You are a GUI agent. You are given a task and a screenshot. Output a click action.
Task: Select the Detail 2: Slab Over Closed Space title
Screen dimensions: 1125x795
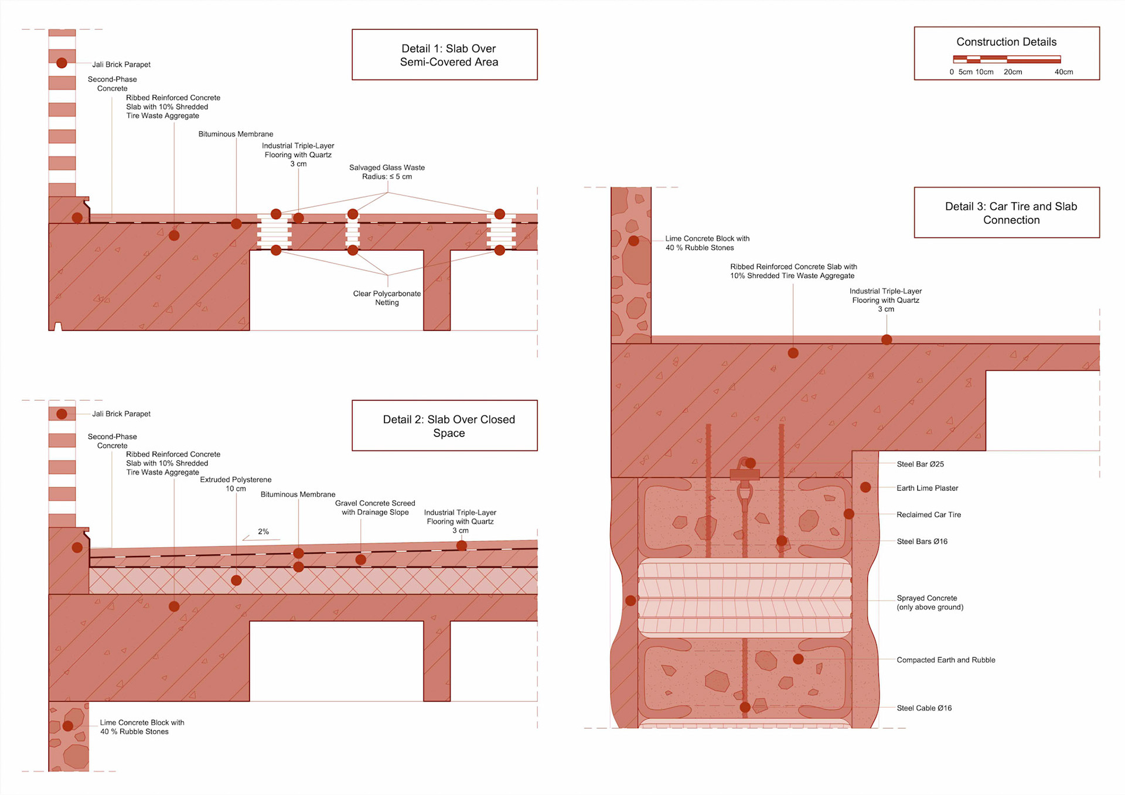click(449, 426)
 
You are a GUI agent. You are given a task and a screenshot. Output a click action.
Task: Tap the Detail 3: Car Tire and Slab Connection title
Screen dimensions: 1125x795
click(1011, 213)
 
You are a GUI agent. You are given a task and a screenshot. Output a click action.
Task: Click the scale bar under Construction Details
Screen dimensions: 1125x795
click(1007, 59)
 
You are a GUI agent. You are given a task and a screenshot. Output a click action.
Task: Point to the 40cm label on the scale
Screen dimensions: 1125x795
click(1063, 72)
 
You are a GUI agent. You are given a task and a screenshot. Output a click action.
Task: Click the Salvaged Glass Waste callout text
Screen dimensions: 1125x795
click(387, 172)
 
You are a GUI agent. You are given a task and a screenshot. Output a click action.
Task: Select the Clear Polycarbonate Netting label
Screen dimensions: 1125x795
click(387, 298)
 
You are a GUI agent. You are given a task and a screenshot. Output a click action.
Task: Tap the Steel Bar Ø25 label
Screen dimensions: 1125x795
click(920, 464)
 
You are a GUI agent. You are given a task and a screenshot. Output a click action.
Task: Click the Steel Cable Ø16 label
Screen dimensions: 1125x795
click(924, 708)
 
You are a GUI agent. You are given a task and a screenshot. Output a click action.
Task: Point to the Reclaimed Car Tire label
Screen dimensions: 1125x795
click(929, 514)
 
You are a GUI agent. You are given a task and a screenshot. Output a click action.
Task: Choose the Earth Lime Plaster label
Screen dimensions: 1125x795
click(927, 488)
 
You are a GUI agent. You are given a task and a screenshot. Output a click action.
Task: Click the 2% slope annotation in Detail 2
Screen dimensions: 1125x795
click(263, 531)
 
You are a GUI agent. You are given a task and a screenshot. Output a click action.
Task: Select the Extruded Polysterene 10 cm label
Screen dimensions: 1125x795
click(236, 484)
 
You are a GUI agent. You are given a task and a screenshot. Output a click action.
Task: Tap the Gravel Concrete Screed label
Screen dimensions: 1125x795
click(375, 507)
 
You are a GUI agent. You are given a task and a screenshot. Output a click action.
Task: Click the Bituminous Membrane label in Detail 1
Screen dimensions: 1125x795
click(236, 134)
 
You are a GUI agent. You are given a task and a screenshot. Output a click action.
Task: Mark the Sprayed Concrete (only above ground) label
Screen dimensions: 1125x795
click(930, 602)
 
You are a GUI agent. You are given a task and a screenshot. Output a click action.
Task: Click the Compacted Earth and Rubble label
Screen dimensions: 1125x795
click(946, 660)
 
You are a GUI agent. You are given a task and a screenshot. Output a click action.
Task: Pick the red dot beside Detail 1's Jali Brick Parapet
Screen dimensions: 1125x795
click(62, 63)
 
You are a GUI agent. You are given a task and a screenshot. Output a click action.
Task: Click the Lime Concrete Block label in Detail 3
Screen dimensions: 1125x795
click(707, 243)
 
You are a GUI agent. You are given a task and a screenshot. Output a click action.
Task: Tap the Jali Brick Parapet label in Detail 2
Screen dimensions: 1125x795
click(121, 414)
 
